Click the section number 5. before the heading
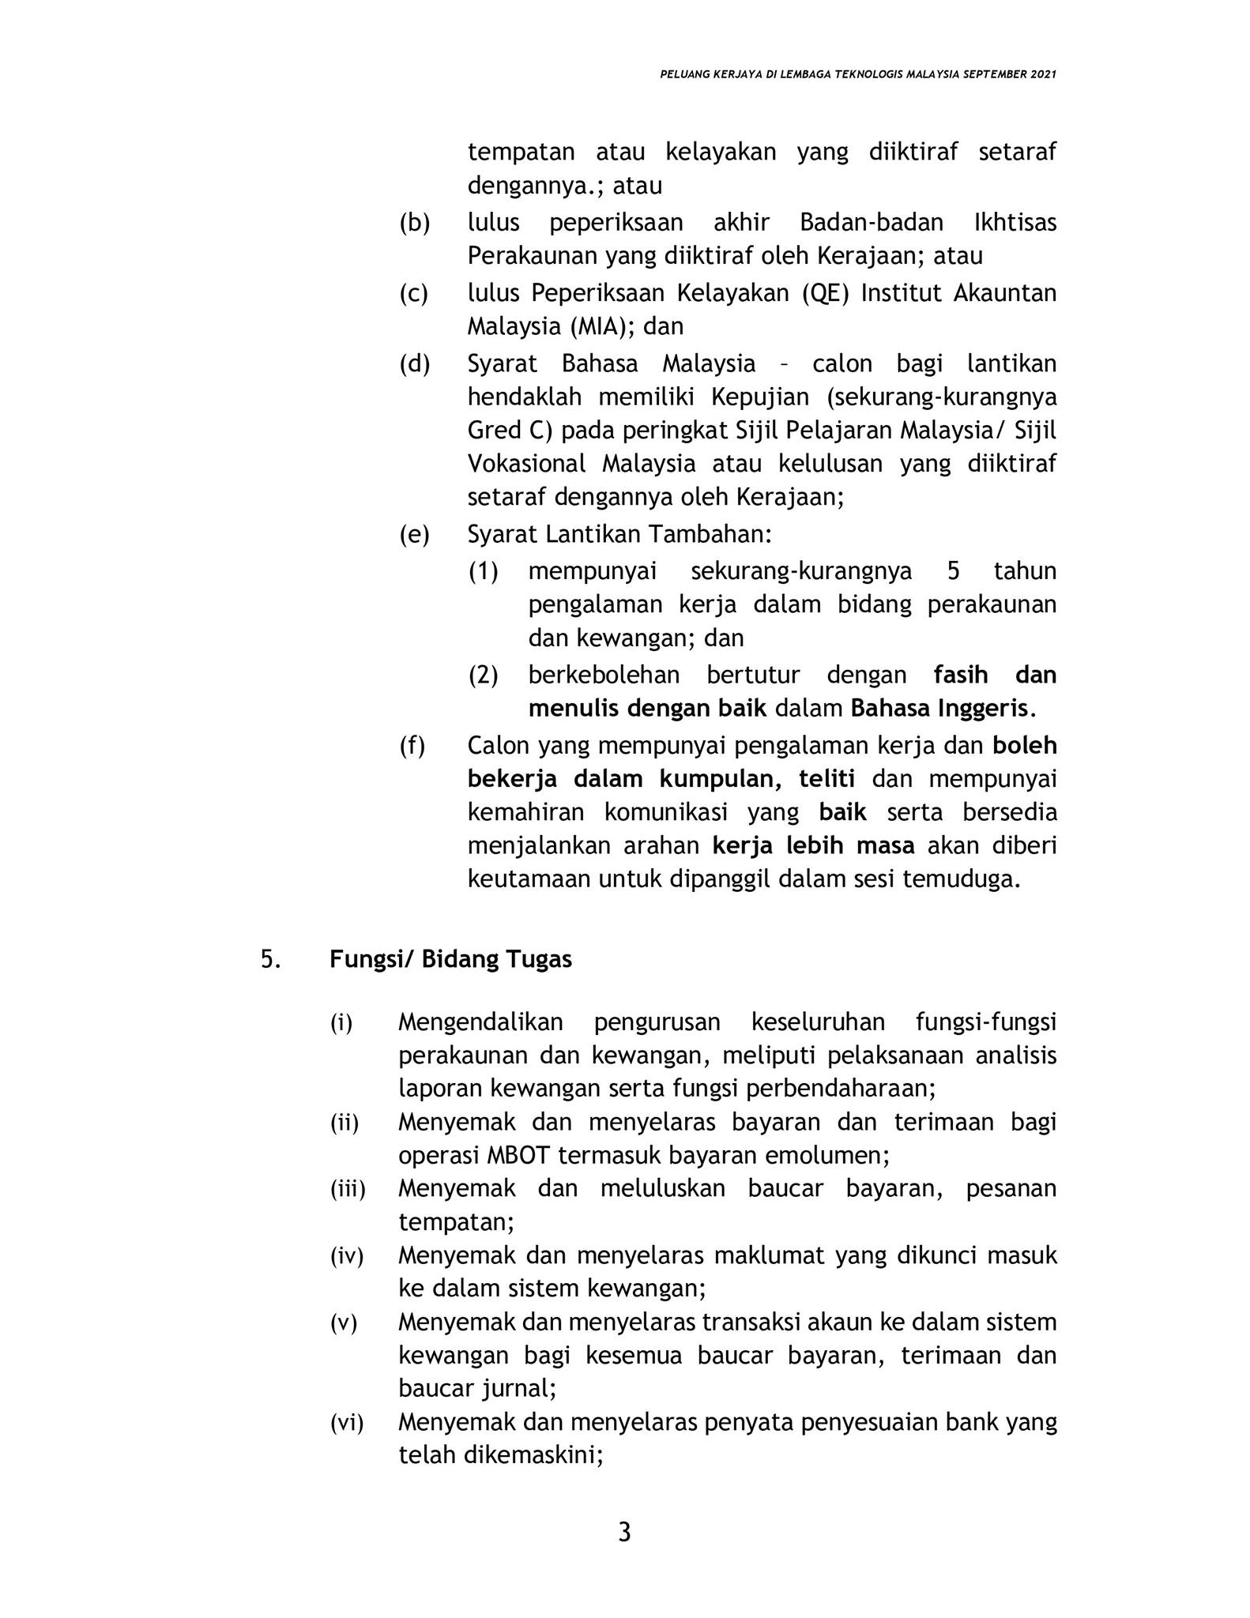[270, 959]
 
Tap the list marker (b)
[414, 223]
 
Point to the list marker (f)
[412, 745]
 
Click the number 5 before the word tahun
[953, 570]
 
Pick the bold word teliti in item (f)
[826, 779]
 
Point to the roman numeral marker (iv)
[346, 1256]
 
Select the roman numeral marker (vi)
[346, 1423]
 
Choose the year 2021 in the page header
[1043, 74]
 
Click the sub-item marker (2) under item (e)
[483, 675]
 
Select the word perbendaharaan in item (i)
[840, 1089]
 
